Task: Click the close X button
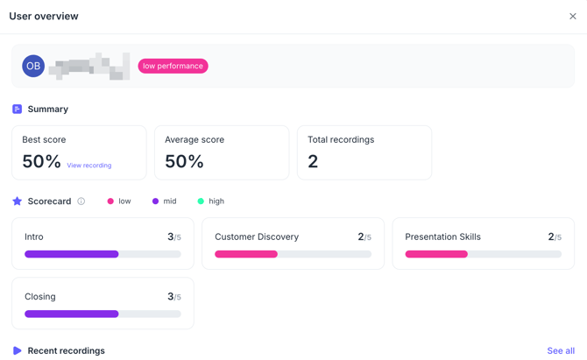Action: click(x=573, y=16)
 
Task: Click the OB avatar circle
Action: click(x=33, y=66)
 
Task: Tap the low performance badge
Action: click(x=173, y=66)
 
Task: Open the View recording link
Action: click(x=89, y=166)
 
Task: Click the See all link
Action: click(x=561, y=350)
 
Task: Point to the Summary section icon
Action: click(x=17, y=109)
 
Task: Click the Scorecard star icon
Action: click(x=17, y=201)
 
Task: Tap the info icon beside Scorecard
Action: click(x=81, y=201)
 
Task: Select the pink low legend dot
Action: click(x=110, y=201)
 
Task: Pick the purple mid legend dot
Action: click(x=155, y=201)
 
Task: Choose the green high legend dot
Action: click(x=201, y=201)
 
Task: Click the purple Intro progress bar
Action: click(x=72, y=254)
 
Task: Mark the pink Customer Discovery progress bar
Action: click(x=246, y=254)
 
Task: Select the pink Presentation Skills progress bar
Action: click(x=436, y=254)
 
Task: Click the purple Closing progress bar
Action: click(x=72, y=314)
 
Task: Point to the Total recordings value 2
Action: click(x=313, y=161)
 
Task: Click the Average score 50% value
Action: click(x=184, y=161)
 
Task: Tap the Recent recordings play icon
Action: click(x=17, y=350)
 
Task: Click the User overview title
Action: click(x=44, y=16)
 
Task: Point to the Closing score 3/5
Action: click(x=173, y=297)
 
